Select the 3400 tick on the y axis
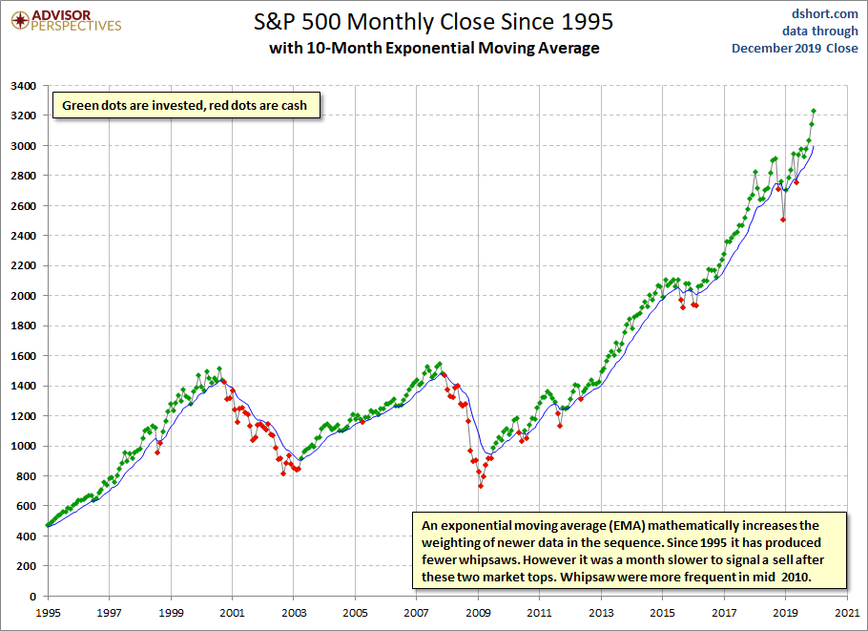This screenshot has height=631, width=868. point(23,86)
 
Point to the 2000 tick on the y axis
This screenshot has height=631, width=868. point(23,296)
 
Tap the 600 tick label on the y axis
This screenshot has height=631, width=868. point(26,506)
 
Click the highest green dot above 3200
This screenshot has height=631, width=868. point(814,111)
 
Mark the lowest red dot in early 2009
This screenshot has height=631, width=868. point(481,486)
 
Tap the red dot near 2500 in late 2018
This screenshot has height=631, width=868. point(783,220)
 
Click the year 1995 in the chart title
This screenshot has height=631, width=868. point(588,20)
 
